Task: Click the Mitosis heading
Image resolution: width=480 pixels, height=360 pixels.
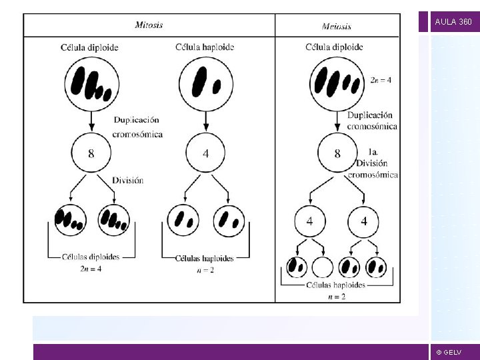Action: click(149, 25)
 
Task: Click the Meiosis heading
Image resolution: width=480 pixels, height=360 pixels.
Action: click(337, 26)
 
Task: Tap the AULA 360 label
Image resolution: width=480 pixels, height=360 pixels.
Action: click(453, 22)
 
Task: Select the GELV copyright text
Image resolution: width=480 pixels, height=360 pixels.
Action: click(449, 352)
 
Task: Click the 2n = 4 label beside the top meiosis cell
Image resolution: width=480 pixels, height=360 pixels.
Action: click(381, 80)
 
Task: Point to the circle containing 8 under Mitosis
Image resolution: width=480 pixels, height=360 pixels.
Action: click(91, 153)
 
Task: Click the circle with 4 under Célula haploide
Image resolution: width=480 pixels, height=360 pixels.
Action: click(205, 153)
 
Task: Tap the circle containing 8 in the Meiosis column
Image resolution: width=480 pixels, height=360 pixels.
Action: click(337, 153)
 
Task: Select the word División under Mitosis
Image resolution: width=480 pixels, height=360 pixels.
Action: click(127, 180)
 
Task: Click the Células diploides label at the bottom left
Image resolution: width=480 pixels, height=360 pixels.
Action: click(91, 256)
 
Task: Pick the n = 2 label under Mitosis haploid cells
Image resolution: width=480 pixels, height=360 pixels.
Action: click(205, 271)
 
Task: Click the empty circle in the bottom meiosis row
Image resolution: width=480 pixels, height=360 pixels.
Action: click(323, 267)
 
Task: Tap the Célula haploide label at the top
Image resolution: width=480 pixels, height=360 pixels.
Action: click(205, 47)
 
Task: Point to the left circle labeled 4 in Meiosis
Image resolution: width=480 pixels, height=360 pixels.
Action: click(310, 221)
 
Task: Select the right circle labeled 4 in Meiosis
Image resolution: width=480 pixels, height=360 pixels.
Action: click(363, 221)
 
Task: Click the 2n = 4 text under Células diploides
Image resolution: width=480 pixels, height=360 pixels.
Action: click(91, 269)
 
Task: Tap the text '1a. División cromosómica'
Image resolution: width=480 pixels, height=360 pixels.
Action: click(372, 163)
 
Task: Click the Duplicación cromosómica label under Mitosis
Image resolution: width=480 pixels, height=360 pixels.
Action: click(137, 127)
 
